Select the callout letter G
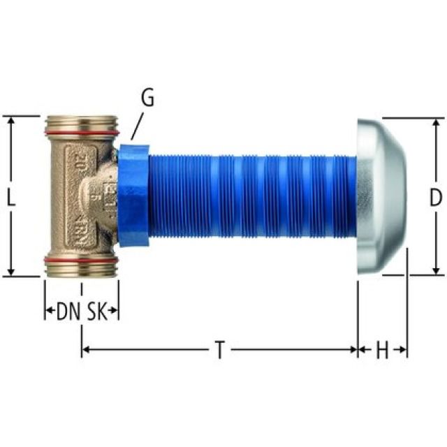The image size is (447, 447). pyautogui.click(x=147, y=98)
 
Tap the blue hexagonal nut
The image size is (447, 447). pyautogui.click(x=133, y=196)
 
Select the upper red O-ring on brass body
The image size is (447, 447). pyautogui.click(x=81, y=132)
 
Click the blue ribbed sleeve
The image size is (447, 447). pyautogui.click(x=251, y=198)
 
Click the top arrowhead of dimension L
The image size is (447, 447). pyautogui.click(x=11, y=121)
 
